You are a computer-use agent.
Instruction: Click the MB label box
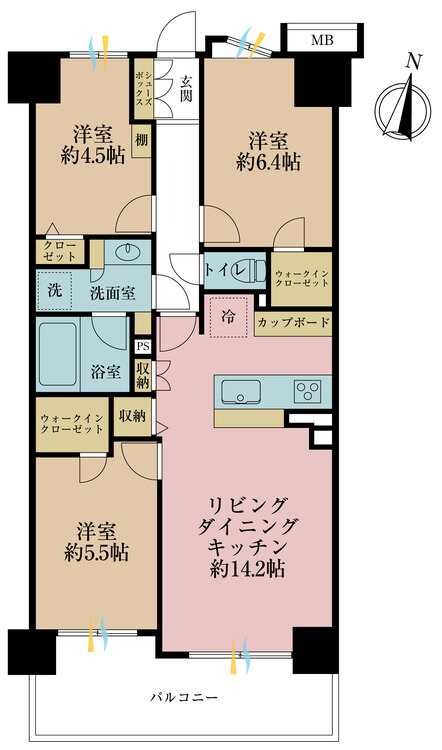click(321, 40)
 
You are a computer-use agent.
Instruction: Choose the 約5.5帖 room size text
click(96, 551)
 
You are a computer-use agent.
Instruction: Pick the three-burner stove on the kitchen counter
click(307, 388)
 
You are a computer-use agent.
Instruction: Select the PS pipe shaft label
click(143, 345)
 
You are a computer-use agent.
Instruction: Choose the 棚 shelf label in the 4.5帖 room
click(143, 140)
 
